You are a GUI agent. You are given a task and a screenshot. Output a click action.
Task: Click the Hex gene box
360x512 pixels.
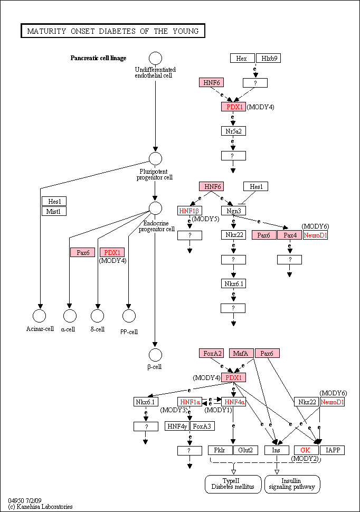(242, 58)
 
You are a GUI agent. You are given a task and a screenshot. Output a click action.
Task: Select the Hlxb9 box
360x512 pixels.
(268, 58)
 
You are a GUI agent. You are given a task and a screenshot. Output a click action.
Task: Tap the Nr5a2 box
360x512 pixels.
(233, 131)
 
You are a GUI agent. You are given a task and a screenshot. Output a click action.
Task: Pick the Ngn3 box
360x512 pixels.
(233, 211)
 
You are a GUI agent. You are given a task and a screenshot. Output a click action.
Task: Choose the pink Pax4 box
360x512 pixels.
(289, 235)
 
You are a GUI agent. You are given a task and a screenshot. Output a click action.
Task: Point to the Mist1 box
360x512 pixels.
(54, 211)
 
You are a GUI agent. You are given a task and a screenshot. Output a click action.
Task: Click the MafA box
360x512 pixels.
(241, 353)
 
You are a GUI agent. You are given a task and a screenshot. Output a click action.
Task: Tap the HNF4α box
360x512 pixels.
(233, 402)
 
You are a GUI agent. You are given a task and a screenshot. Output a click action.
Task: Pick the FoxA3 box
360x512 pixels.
(202, 426)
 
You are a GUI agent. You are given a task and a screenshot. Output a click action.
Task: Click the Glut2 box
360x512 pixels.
(245, 450)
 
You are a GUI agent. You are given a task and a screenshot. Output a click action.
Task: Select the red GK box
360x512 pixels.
(306, 450)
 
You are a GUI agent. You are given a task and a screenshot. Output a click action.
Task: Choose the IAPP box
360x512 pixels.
(332, 450)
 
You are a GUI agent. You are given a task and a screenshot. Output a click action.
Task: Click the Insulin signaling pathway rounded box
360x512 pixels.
(292, 484)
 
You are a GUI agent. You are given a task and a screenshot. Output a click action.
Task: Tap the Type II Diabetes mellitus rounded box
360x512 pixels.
(233, 484)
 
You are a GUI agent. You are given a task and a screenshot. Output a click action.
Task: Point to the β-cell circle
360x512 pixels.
(155, 355)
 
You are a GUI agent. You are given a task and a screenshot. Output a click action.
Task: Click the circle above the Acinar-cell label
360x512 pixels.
(40, 316)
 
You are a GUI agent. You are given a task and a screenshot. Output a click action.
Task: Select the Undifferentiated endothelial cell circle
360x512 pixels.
(156, 59)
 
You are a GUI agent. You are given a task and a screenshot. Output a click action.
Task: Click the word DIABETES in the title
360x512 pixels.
(117, 31)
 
